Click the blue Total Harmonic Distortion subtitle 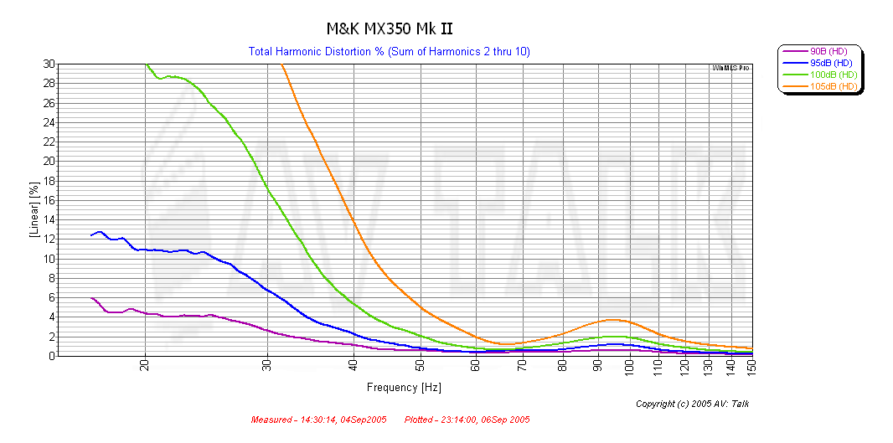pos(389,52)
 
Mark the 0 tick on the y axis pos(52,356)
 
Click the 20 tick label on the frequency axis pos(146,367)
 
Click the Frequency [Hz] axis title pos(404,388)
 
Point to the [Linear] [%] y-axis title pos(34,210)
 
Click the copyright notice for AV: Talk pos(692,404)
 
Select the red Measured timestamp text pos(319,420)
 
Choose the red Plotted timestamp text pos(467,420)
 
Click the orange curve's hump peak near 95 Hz pos(613,319)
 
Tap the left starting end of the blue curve pos(91,235)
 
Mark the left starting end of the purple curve pos(90,298)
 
